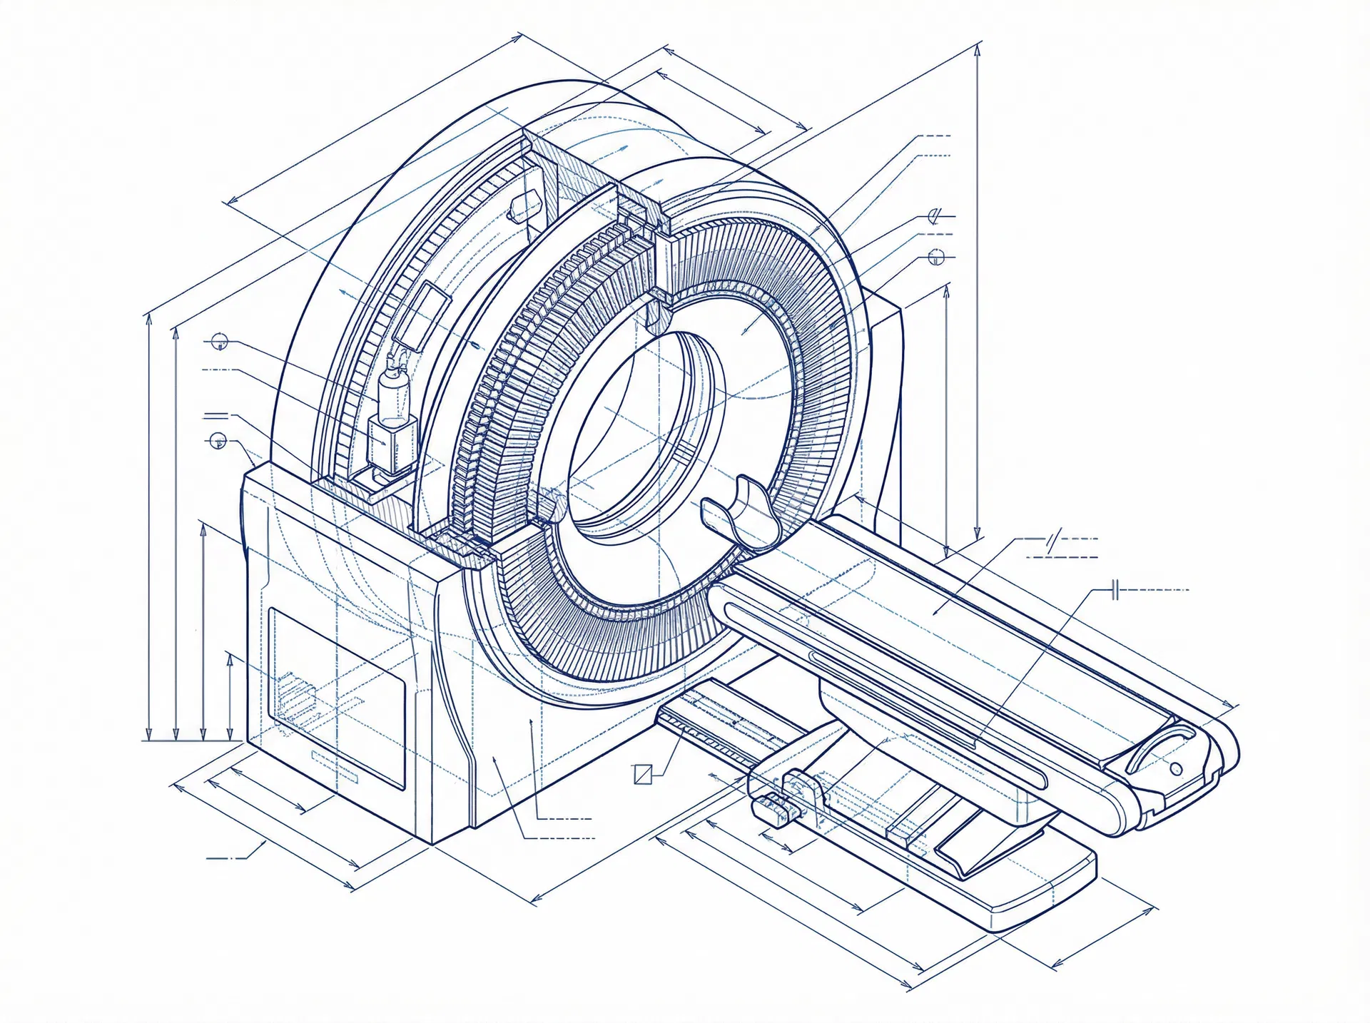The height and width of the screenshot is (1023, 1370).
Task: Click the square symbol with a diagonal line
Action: coord(643,774)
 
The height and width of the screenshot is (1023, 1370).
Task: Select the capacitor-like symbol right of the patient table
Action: coord(1117,590)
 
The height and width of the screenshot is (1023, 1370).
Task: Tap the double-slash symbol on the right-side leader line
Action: coord(1052,540)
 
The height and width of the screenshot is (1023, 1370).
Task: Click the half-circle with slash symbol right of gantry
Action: coord(935,215)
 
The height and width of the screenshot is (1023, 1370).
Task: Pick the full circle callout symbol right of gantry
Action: coord(937,258)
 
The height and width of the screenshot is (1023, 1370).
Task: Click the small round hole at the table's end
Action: coord(1177,768)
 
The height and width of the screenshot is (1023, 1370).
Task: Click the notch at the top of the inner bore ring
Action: coord(659,314)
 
